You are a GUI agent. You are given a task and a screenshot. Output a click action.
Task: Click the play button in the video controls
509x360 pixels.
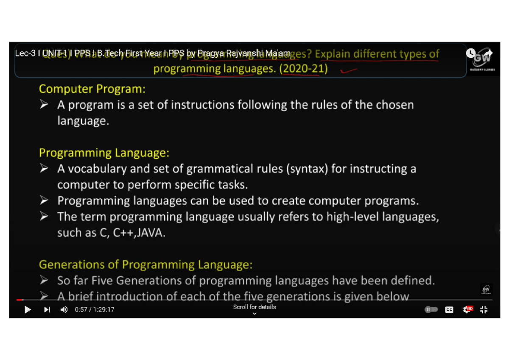[x=28, y=309]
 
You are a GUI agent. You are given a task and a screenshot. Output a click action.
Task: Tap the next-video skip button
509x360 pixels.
[x=47, y=309]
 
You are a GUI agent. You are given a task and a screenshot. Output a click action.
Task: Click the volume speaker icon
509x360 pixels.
[x=64, y=309]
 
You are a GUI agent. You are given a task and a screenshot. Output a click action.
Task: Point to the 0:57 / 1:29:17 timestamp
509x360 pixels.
[x=95, y=309]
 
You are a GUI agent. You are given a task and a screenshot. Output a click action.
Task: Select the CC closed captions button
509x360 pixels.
[x=449, y=310]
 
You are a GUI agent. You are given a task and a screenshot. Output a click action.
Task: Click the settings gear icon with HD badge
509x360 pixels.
[x=468, y=309]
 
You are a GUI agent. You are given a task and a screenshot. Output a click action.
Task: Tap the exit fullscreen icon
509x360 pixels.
[x=484, y=309]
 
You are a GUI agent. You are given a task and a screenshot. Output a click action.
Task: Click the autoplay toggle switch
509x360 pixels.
[x=431, y=310]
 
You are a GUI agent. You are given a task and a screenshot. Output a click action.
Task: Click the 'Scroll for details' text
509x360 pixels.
[x=255, y=307]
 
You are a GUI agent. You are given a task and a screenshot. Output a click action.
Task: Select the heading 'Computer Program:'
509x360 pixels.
[x=92, y=89]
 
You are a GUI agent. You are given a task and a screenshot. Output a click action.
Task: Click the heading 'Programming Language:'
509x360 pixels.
[x=104, y=153]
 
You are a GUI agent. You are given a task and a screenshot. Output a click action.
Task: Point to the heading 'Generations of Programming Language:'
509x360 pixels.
[x=145, y=264]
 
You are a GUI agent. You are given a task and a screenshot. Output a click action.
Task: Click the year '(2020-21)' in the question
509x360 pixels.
[x=303, y=69]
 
